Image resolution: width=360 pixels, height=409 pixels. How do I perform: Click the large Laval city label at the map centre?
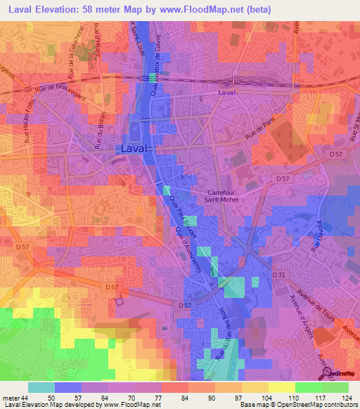133,149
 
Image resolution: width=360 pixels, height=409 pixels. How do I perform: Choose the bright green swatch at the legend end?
335,387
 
